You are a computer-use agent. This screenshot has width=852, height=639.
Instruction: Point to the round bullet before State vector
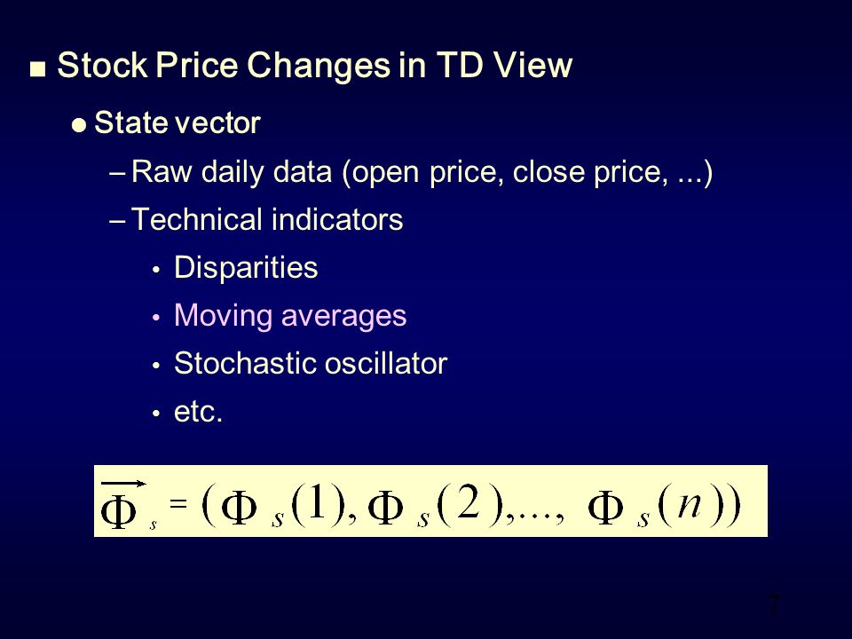pyautogui.click(x=78, y=126)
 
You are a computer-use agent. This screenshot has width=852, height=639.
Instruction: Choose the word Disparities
pyautogui.click(x=246, y=268)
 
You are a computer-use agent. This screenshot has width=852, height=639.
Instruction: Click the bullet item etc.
pyautogui.click(x=197, y=413)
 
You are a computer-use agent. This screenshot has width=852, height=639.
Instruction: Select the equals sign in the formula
pyautogui.click(x=178, y=502)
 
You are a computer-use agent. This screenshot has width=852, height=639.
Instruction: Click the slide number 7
pyautogui.click(x=773, y=607)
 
